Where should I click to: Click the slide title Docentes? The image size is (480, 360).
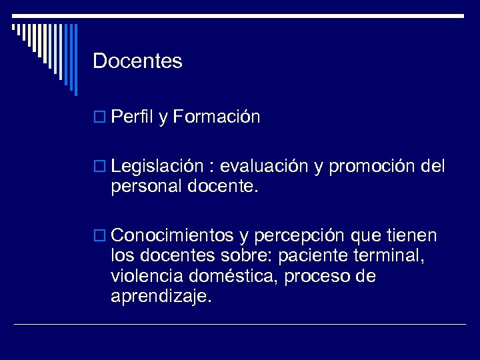(x=137, y=61)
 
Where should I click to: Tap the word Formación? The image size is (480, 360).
(x=217, y=118)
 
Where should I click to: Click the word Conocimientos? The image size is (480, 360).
(x=173, y=236)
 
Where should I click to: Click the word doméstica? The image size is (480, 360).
(x=235, y=276)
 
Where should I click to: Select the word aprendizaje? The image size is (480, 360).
(x=161, y=297)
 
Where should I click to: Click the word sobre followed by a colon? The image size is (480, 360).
(x=251, y=256)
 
